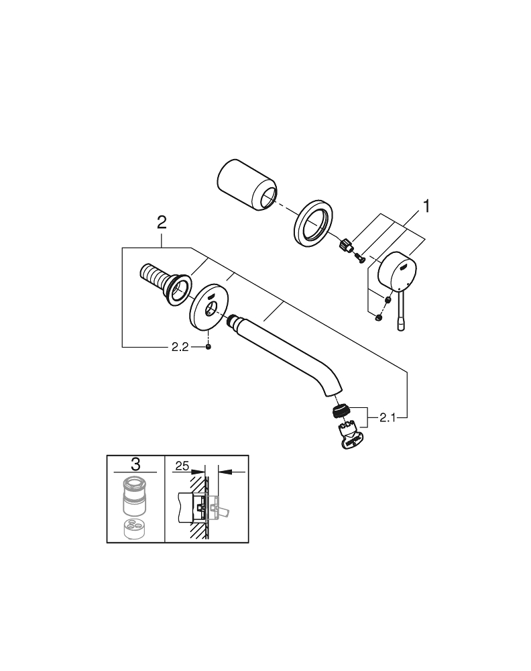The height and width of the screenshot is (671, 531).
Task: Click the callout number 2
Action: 162,222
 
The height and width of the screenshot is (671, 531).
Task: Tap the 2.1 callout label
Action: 389,417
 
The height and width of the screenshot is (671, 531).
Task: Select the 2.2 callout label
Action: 179,346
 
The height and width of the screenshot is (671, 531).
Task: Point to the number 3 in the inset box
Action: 136,463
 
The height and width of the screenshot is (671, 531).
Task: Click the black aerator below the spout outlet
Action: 342,411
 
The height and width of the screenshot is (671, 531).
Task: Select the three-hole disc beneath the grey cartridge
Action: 136,528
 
